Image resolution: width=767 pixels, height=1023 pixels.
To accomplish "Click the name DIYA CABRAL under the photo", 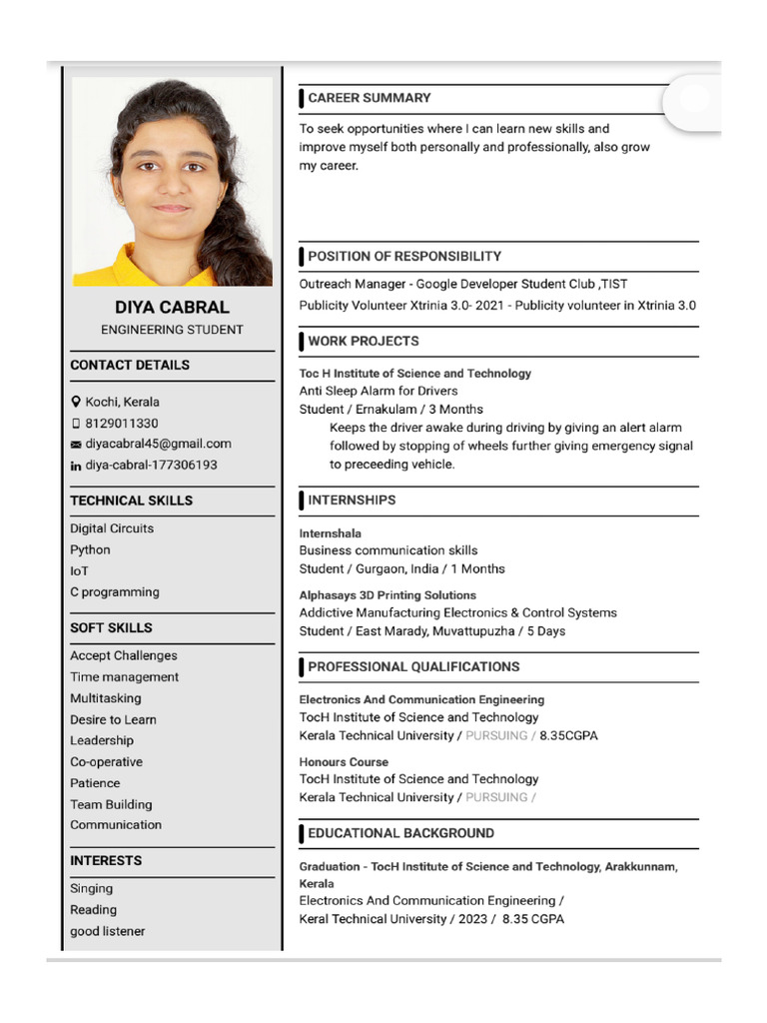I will click(172, 308).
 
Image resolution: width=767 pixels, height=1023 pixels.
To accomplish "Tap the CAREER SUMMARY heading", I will click(369, 98).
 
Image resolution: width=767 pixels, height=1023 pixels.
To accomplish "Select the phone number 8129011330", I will click(121, 423).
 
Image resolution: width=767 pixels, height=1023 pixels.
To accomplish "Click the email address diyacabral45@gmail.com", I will click(158, 444).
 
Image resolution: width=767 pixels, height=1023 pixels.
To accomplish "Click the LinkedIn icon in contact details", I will click(75, 466).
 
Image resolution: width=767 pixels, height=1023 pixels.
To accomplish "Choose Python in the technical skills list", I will click(90, 549).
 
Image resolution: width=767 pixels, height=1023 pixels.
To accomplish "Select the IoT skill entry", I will click(79, 571).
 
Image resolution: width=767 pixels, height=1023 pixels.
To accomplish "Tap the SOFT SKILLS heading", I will click(111, 627).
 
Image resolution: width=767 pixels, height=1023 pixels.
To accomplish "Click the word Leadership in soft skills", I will click(101, 740).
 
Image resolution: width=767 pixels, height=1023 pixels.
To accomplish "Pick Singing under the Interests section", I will click(91, 888).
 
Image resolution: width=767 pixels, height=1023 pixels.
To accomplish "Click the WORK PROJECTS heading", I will click(363, 341).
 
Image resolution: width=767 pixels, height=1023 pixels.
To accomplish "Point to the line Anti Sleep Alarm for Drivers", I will click(379, 391).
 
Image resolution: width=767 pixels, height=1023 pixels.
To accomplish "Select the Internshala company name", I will click(330, 533).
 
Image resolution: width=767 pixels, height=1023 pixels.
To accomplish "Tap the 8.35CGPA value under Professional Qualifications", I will click(568, 735).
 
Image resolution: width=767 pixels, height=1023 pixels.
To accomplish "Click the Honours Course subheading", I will click(344, 761).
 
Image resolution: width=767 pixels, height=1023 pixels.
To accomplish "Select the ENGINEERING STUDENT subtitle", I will click(172, 330).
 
